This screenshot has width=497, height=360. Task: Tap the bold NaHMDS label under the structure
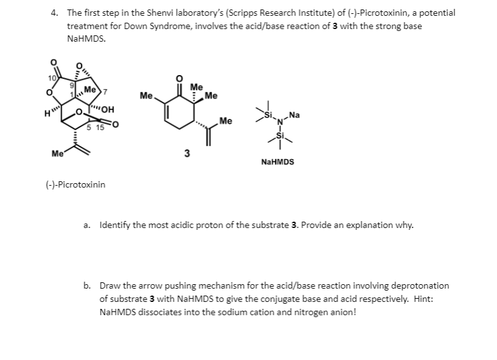[x=277, y=162]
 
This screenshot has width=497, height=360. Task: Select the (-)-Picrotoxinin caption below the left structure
[x=76, y=184]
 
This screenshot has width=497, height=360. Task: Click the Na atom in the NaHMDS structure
[x=294, y=116]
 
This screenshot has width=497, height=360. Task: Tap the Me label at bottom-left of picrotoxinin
[x=57, y=152]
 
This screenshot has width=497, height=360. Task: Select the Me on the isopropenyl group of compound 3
[x=226, y=121]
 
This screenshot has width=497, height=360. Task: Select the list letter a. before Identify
[x=90, y=225]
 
